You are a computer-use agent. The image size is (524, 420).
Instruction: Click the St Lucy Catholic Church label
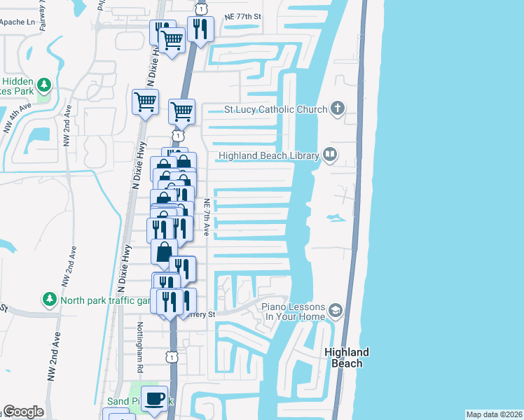275,109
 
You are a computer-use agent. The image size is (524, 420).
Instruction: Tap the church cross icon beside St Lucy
338,108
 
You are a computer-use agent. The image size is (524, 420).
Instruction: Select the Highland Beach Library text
269,156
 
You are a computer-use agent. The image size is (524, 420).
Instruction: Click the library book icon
329,155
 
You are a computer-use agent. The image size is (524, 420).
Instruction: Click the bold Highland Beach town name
347,358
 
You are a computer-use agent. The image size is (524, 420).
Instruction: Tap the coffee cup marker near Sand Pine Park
155,398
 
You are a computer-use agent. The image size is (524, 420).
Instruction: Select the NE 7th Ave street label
207,217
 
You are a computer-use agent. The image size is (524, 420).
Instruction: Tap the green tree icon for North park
49,300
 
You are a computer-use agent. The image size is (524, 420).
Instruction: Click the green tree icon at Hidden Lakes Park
44,85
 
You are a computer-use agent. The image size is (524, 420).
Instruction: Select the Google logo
23,412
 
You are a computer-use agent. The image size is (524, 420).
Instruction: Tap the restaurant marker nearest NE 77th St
201,29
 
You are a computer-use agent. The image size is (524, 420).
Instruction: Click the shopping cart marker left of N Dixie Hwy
146,102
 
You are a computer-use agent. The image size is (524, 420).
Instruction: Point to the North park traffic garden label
105,301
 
